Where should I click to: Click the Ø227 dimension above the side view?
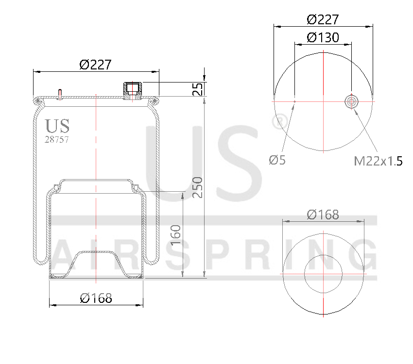coord(95,64)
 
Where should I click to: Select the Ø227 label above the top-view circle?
coord(323,19)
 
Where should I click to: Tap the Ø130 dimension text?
coord(323,37)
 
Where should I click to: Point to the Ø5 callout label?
coord(277,160)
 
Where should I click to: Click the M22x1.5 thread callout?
coord(378,161)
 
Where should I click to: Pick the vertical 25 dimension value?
coord(197,89)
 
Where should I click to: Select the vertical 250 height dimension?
coord(197,187)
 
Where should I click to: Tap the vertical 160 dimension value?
coord(176,235)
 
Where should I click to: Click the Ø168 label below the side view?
coord(96,298)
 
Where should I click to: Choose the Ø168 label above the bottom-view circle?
coord(323,214)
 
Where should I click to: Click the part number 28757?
coord(56,139)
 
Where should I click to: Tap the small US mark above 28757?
coord(57,126)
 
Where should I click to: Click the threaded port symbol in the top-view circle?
coord(351,101)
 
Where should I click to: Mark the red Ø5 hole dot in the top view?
coord(294,101)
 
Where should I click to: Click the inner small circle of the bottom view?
coord(323,274)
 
